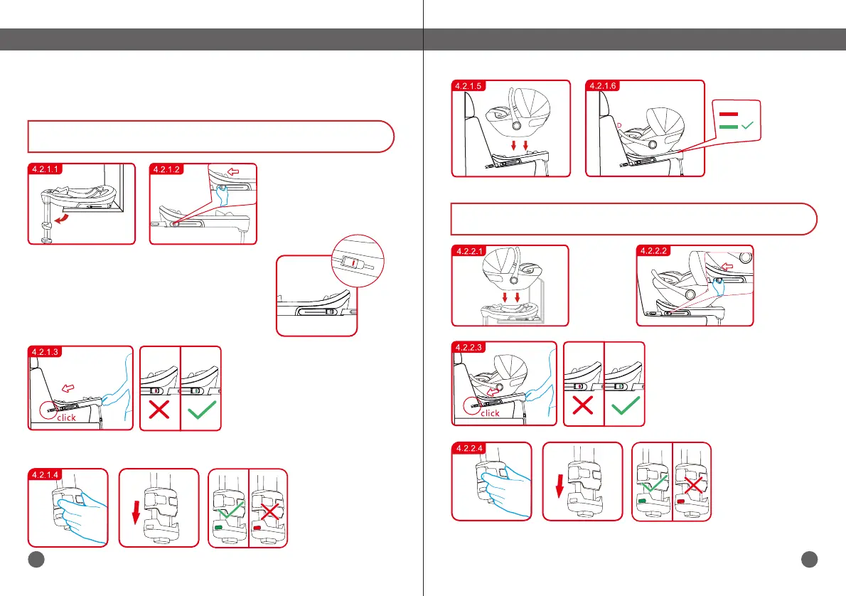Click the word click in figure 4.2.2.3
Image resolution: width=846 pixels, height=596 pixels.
tap(491, 413)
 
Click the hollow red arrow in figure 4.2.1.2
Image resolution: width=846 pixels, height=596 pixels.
tap(234, 171)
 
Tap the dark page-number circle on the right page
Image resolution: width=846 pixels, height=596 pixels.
tap(808, 560)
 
